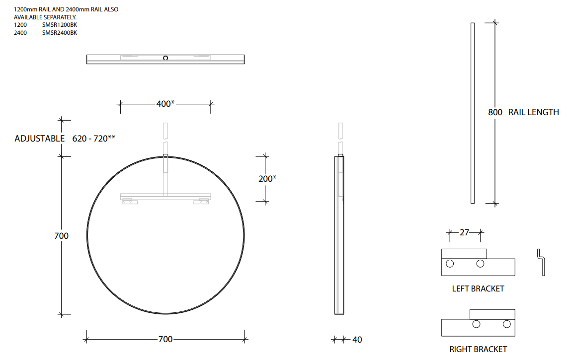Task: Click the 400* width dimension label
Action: tap(165, 104)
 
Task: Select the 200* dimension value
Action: tap(267, 179)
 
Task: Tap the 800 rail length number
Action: tap(495, 112)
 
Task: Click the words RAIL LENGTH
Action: tap(533, 112)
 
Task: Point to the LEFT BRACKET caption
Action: tap(478, 288)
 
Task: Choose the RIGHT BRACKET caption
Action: tap(478, 349)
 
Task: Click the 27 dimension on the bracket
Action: tap(465, 232)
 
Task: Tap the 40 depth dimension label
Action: tap(357, 340)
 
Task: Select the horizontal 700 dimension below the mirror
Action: tap(165, 339)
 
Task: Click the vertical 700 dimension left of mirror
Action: tap(61, 236)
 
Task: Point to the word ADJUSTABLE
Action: tap(40, 139)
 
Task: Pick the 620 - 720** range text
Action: tap(94, 139)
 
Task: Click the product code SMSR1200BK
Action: tap(60, 24)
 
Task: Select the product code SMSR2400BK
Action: tap(60, 33)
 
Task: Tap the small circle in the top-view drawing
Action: tap(165, 58)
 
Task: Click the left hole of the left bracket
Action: tap(450, 263)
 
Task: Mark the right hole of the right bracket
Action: tap(506, 324)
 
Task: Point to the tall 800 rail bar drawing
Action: tap(472, 113)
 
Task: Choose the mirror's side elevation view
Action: tap(339, 234)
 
